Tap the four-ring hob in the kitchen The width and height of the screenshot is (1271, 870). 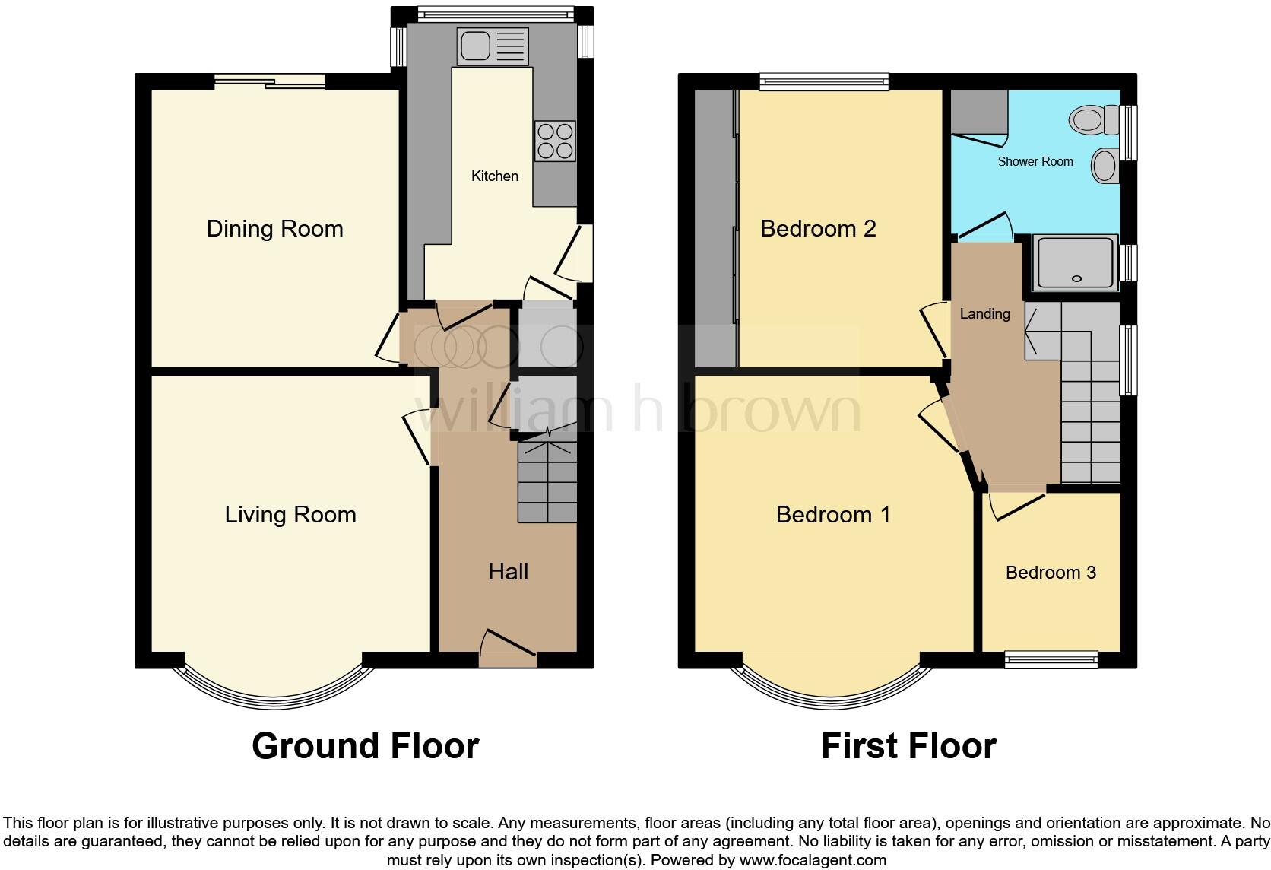pyautogui.click(x=555, y=141)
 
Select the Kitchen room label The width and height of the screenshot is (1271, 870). pyautogui.click(x=495, y=176)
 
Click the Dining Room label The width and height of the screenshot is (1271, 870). pyautogui.click(x=274, y=229)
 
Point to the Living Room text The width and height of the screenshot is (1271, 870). pyautogui.click(x=290, y=515)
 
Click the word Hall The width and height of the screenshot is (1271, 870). pyautogui.click(x=508, y=572)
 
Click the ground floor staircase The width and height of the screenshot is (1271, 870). pyautogui.click(x=547, y=483)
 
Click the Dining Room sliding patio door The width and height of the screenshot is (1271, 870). pyautogui.click(x=270, y=81)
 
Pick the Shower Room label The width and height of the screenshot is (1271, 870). pyautogui.click(x=1035, y=162)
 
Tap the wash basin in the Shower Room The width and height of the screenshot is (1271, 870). pyautogui.click(x=1105, y=165)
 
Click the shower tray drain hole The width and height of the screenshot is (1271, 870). pyautogui.click(x=1076, y=279)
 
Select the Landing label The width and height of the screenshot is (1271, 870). pyautogui.click(x=984, y=314)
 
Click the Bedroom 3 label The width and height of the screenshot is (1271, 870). pyautogui.click(x=1051, y=573)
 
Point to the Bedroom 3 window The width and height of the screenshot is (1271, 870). pyautogui.click(x=1051, y=659)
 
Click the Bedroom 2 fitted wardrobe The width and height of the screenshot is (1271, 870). pyautogui.click(x=715, y=228)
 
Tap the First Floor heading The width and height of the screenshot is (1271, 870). pyautogui.click(x=908, y=746)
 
